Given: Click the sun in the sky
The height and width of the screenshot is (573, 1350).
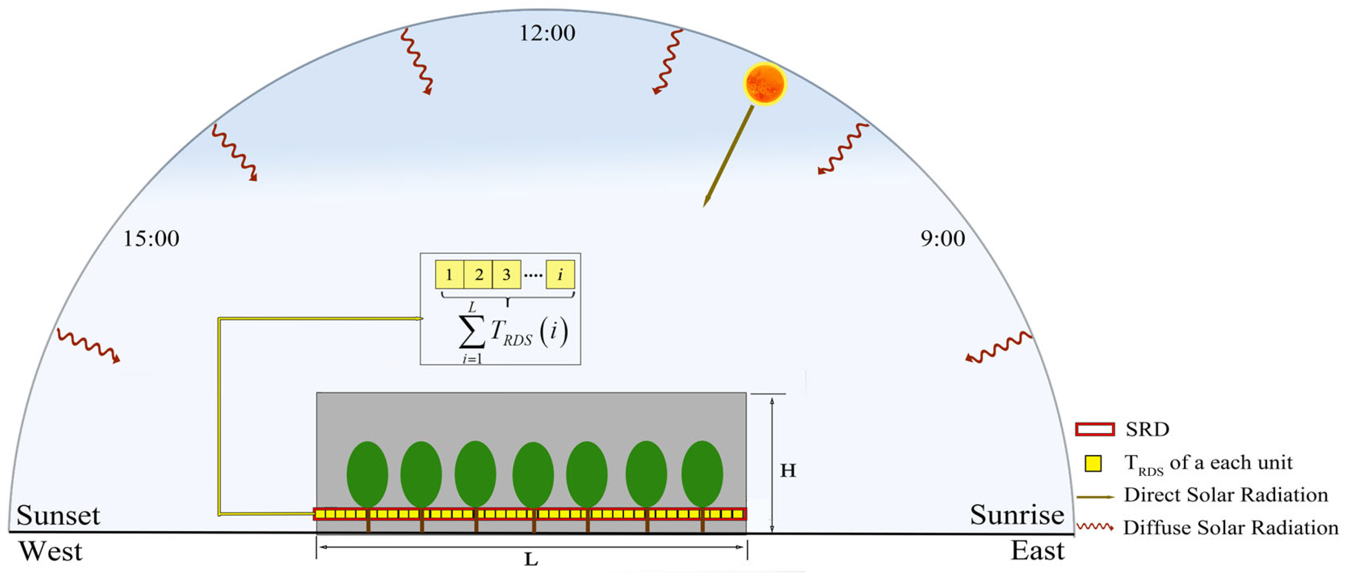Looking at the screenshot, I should pos(764,84).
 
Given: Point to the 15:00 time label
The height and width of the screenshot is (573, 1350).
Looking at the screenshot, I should pos(151,239).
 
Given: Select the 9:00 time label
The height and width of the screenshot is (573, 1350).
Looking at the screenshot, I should pos(943,239).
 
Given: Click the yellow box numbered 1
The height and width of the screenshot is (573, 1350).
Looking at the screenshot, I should pos(449,275).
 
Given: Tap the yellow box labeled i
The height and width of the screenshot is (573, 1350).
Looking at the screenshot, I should pos(560,275).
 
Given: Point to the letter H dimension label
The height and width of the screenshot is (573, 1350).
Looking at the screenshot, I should pos(788,471).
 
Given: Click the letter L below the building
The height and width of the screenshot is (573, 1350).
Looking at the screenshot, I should pos(531,560).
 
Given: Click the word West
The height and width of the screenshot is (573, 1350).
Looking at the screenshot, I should pos(51,552).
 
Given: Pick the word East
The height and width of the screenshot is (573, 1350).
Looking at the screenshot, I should pos(1037,551).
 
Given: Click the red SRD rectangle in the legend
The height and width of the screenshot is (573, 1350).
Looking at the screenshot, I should pos(1095,429).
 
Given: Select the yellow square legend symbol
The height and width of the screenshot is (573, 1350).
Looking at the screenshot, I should pos(1093,464).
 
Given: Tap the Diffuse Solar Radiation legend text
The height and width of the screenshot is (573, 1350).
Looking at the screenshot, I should pos(1231,528).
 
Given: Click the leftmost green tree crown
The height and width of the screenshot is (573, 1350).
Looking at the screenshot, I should pos(367,474).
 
